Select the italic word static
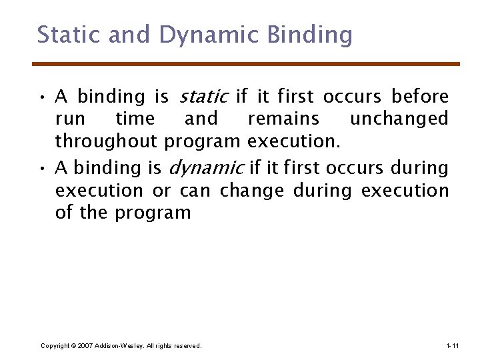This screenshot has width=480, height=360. point(203,97)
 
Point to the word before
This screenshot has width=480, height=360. point(420,97)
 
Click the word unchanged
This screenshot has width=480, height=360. point(399,119)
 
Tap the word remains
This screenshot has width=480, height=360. point(283,119)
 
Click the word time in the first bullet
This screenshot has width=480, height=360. point(135,119)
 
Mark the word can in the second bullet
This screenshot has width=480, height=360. point(195,190)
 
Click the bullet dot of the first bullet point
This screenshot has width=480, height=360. point(42,97)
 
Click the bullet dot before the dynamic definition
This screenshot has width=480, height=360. point(42,168)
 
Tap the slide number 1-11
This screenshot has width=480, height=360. point(451,345)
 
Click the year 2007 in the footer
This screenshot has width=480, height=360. point(85,345)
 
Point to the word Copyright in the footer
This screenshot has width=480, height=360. point(55,345)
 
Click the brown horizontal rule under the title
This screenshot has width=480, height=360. point(246,64)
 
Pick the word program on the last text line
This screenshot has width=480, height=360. point(153,213)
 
